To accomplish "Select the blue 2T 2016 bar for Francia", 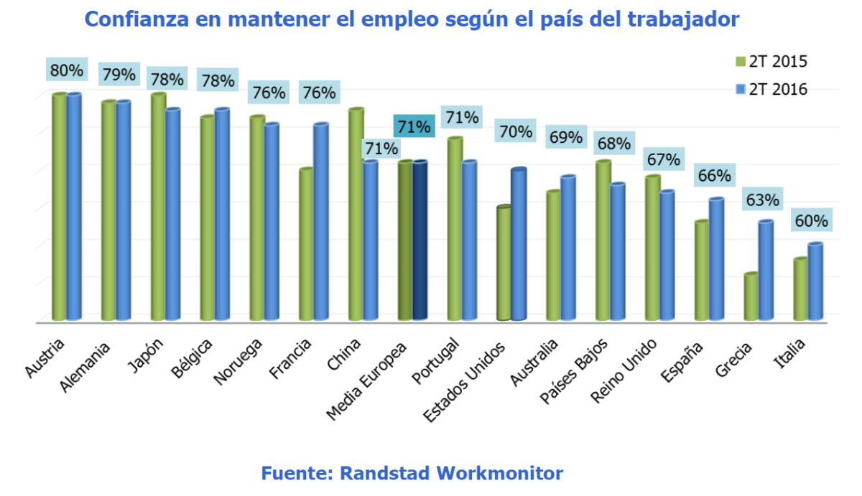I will (x=320, y=222).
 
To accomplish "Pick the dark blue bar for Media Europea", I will (x=420, y=240).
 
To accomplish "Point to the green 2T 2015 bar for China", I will (x=356, y=215).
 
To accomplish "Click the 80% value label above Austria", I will (x=68, y=70).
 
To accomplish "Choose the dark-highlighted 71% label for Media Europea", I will (x=414, y=128).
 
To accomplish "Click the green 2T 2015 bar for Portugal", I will (x=455, y=229).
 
